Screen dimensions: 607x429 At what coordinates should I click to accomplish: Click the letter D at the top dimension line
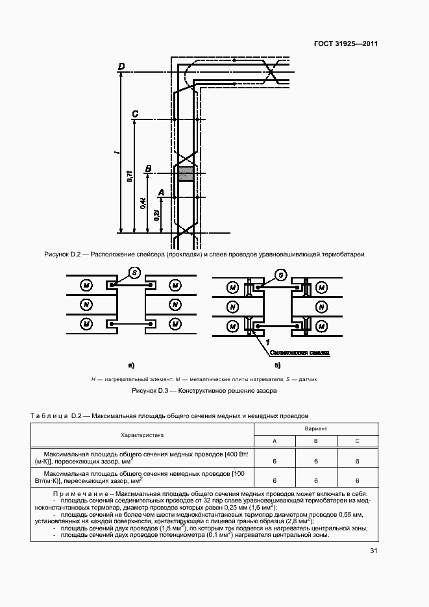[x=121, y=67]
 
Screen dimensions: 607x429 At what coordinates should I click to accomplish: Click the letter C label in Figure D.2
[x=134, y=115]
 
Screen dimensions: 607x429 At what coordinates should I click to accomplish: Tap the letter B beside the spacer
[x=148, y=169]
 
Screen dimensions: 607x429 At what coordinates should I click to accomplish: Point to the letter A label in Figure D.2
[x=162, y=192]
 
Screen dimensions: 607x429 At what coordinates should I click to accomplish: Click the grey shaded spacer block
[x=186, y=174]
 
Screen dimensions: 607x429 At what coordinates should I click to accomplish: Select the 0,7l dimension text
[x=130, y=176]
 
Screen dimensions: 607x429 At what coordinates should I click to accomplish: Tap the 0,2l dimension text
[x=157, y=215]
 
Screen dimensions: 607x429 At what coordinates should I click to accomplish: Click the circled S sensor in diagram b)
[x=281, y=275]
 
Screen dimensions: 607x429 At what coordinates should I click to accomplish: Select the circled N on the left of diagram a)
[x=86, y=304]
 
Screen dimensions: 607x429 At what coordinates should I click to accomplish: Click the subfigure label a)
[x=131, y=365]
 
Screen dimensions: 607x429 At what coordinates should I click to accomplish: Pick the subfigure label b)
[x=278, y=365]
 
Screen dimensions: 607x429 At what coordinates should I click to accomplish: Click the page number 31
[x=373, y=551]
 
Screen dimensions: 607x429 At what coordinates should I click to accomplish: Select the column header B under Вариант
[x=315, y=441]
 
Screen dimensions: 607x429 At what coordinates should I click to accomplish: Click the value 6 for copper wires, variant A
[x=275, y=460]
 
